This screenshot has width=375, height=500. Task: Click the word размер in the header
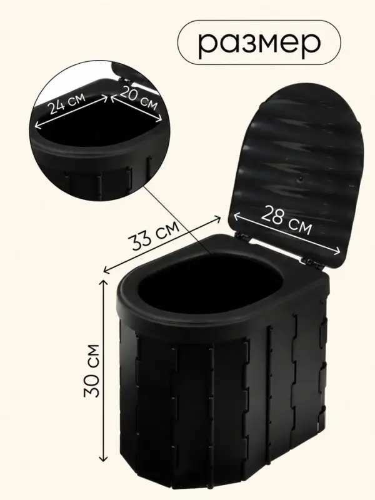click(x=259, y=43)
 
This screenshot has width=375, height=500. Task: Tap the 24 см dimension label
click(x=67, y=103)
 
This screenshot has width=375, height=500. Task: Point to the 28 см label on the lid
click(x=286, y=221)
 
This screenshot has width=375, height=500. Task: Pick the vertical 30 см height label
click(x=92, y=370)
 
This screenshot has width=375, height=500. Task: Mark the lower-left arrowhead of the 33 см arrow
click(x=107, y=271)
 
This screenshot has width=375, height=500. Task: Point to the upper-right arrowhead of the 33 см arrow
click(x=217, y=219)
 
